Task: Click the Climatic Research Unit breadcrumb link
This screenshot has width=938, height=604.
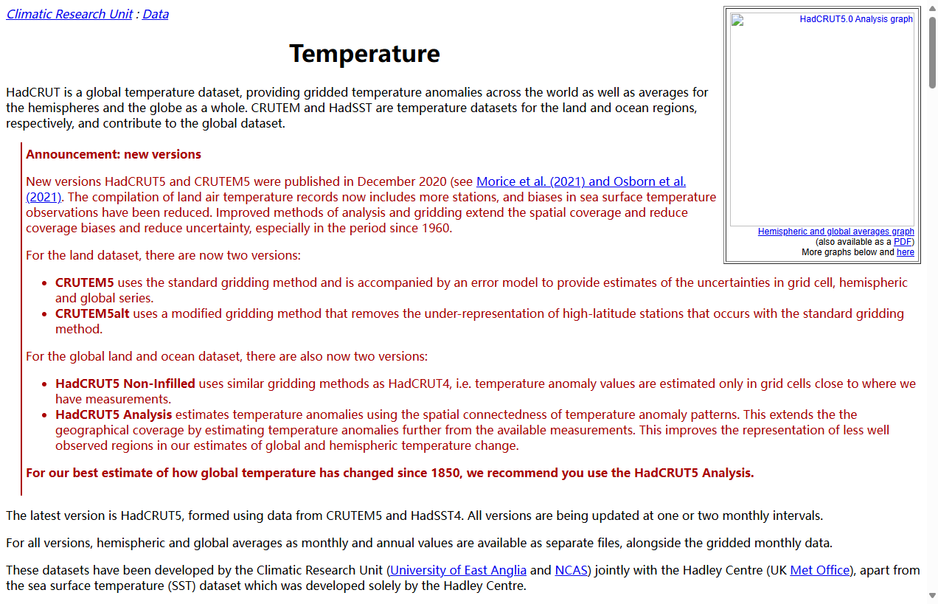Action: point(69,14)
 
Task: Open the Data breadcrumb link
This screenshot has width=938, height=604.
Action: point(155,14)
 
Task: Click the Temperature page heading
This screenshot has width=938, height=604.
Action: point(364,54)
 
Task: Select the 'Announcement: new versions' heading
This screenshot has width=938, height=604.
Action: point(114,154)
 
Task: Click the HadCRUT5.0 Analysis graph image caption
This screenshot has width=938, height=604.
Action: point(856,19)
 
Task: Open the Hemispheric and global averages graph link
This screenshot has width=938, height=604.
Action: point(835,232)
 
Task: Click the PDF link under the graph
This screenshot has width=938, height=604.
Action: point(903,242)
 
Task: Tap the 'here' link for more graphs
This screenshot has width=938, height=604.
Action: point(905,252)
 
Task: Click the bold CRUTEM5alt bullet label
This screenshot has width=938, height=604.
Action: point(92,313)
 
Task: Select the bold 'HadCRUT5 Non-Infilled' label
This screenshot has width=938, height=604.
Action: point(125,383)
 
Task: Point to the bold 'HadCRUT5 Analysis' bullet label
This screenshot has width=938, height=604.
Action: point(114,414)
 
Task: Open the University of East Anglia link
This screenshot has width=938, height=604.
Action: point(458,570)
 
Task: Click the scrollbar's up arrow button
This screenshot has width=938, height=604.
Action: point(932,7)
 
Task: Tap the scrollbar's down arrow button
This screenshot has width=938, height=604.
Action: point(932,595)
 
